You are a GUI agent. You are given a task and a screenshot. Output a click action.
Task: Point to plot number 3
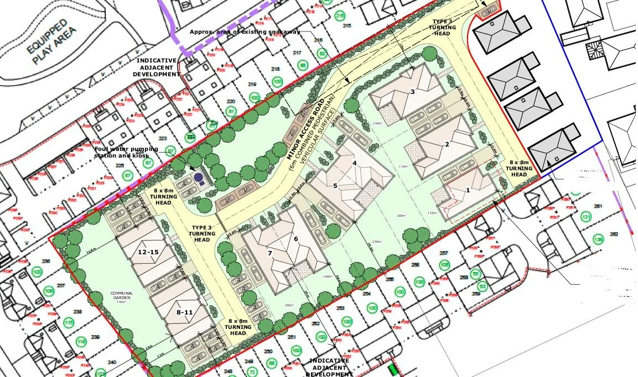(x=412, y=92)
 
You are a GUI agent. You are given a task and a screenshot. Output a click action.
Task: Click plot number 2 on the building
(x=447, y=144)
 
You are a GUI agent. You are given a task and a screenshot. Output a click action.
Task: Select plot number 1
(x=468, y=190)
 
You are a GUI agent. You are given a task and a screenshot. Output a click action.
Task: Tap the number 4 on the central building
(x=355, y=163)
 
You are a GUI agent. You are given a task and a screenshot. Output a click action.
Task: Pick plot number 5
(x=335, y=186)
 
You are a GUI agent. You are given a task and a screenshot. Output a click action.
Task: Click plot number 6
(x=296, y=238)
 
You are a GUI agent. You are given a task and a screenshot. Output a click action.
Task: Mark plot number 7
(x=270, y=253)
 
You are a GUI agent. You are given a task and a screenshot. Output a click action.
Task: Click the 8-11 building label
(x=185, y=312)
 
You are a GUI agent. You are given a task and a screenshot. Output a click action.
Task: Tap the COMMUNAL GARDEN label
(x=121, y=297)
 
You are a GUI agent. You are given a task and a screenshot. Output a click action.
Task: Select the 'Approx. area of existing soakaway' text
(x=245, y=32)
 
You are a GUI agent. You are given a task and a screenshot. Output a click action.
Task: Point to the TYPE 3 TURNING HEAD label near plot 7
(x=201, y=234)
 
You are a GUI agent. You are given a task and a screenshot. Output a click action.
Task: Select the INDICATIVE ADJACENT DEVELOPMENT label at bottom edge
(x=330, y=367)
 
